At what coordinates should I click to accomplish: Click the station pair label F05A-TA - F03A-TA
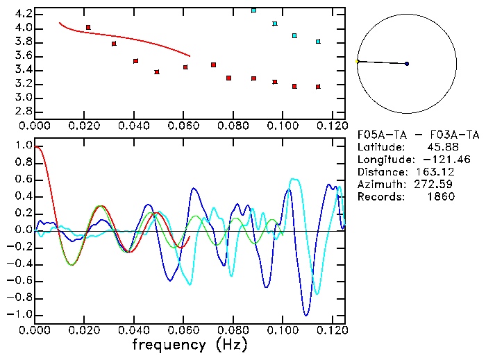[418, 135]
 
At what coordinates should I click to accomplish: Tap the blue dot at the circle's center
[407, 64]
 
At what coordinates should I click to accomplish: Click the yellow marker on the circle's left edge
[358, 62]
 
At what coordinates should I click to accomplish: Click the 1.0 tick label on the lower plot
[24, 146]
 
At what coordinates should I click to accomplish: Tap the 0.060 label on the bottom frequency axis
[183, 329]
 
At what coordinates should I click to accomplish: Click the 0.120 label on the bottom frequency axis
[331, 329]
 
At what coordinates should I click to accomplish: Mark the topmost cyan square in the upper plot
[253, 10]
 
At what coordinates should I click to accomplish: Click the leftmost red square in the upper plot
[88, 27]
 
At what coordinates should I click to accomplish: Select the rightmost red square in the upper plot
[318, 87]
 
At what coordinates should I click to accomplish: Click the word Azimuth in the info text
[379, 185]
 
